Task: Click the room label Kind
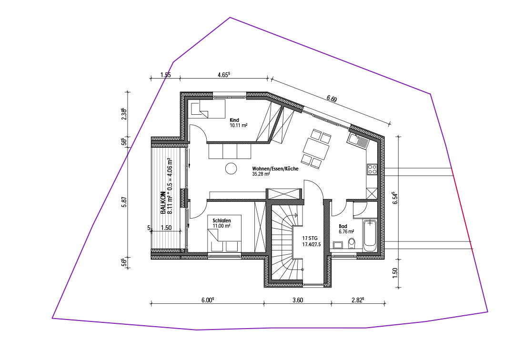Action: pos(234,120)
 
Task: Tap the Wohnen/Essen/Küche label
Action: pos(275,169)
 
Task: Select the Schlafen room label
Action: pos(221,220)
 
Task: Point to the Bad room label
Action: pos(343,226)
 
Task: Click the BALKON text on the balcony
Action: pos(163,203)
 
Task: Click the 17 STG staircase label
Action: pos(310,238)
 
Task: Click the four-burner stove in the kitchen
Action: pos(372,169)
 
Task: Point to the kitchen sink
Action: pos(357,140)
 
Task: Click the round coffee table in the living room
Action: pos(231,169)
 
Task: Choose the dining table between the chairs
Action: pos(316,149)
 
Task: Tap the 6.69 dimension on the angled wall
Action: pos(332,99)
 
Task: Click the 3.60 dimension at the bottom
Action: pos(297,300)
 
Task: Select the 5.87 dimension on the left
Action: pos(124,202)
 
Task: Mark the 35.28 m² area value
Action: pos(261,174)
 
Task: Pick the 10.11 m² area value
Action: pos(239,125)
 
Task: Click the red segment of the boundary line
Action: pos(463,209)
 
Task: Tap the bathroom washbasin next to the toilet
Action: pos(338,245)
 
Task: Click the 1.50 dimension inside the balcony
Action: pos(166,228)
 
